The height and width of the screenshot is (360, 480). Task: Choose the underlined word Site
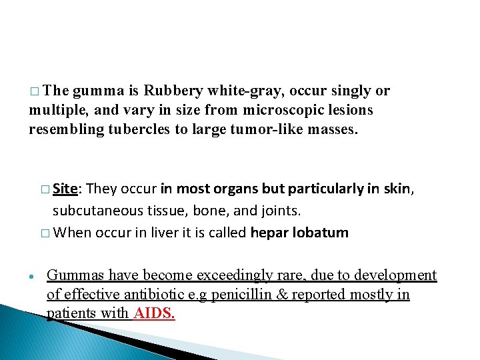pos(66,189)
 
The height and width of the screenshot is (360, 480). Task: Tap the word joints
pos(281,211)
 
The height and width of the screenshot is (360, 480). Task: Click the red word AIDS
pos(154,313)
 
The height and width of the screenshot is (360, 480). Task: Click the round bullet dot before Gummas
pos(32,277)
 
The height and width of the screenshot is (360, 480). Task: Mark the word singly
pos(337,91)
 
